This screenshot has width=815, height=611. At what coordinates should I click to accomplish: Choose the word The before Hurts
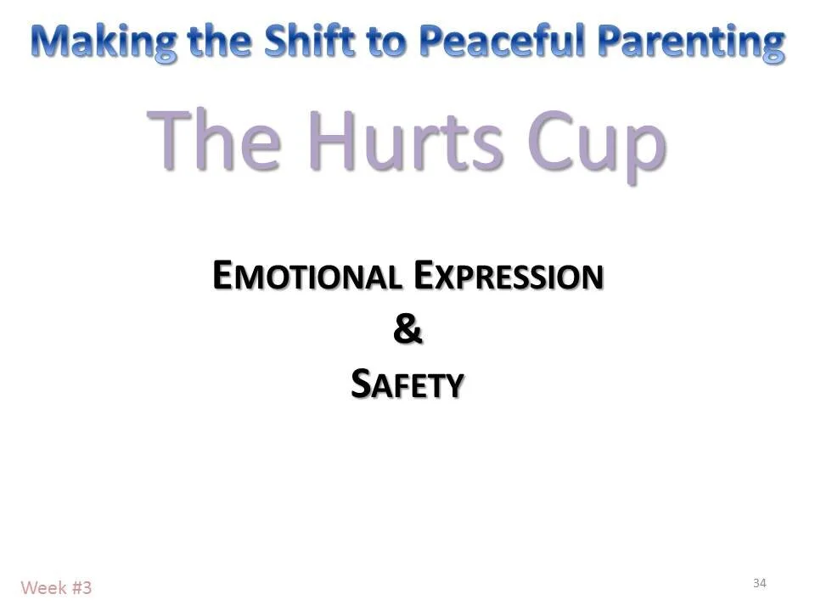click(216, 140)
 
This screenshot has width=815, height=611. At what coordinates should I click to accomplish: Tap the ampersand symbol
click(407, 330)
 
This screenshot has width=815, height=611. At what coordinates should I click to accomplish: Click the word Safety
click(407, 384)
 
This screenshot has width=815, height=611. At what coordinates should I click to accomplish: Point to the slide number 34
click(759, 582)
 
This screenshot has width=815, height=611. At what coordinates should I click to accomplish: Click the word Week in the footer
click(40, 587)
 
